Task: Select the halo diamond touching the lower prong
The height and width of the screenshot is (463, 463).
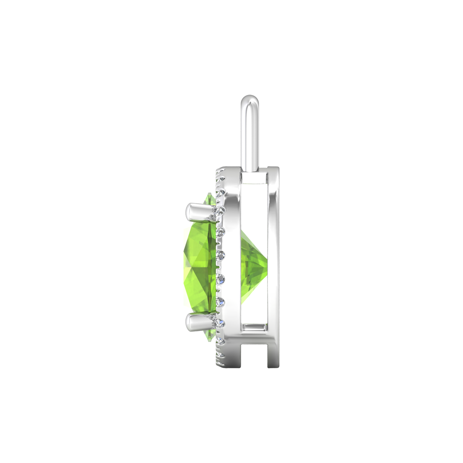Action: [221, 322]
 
